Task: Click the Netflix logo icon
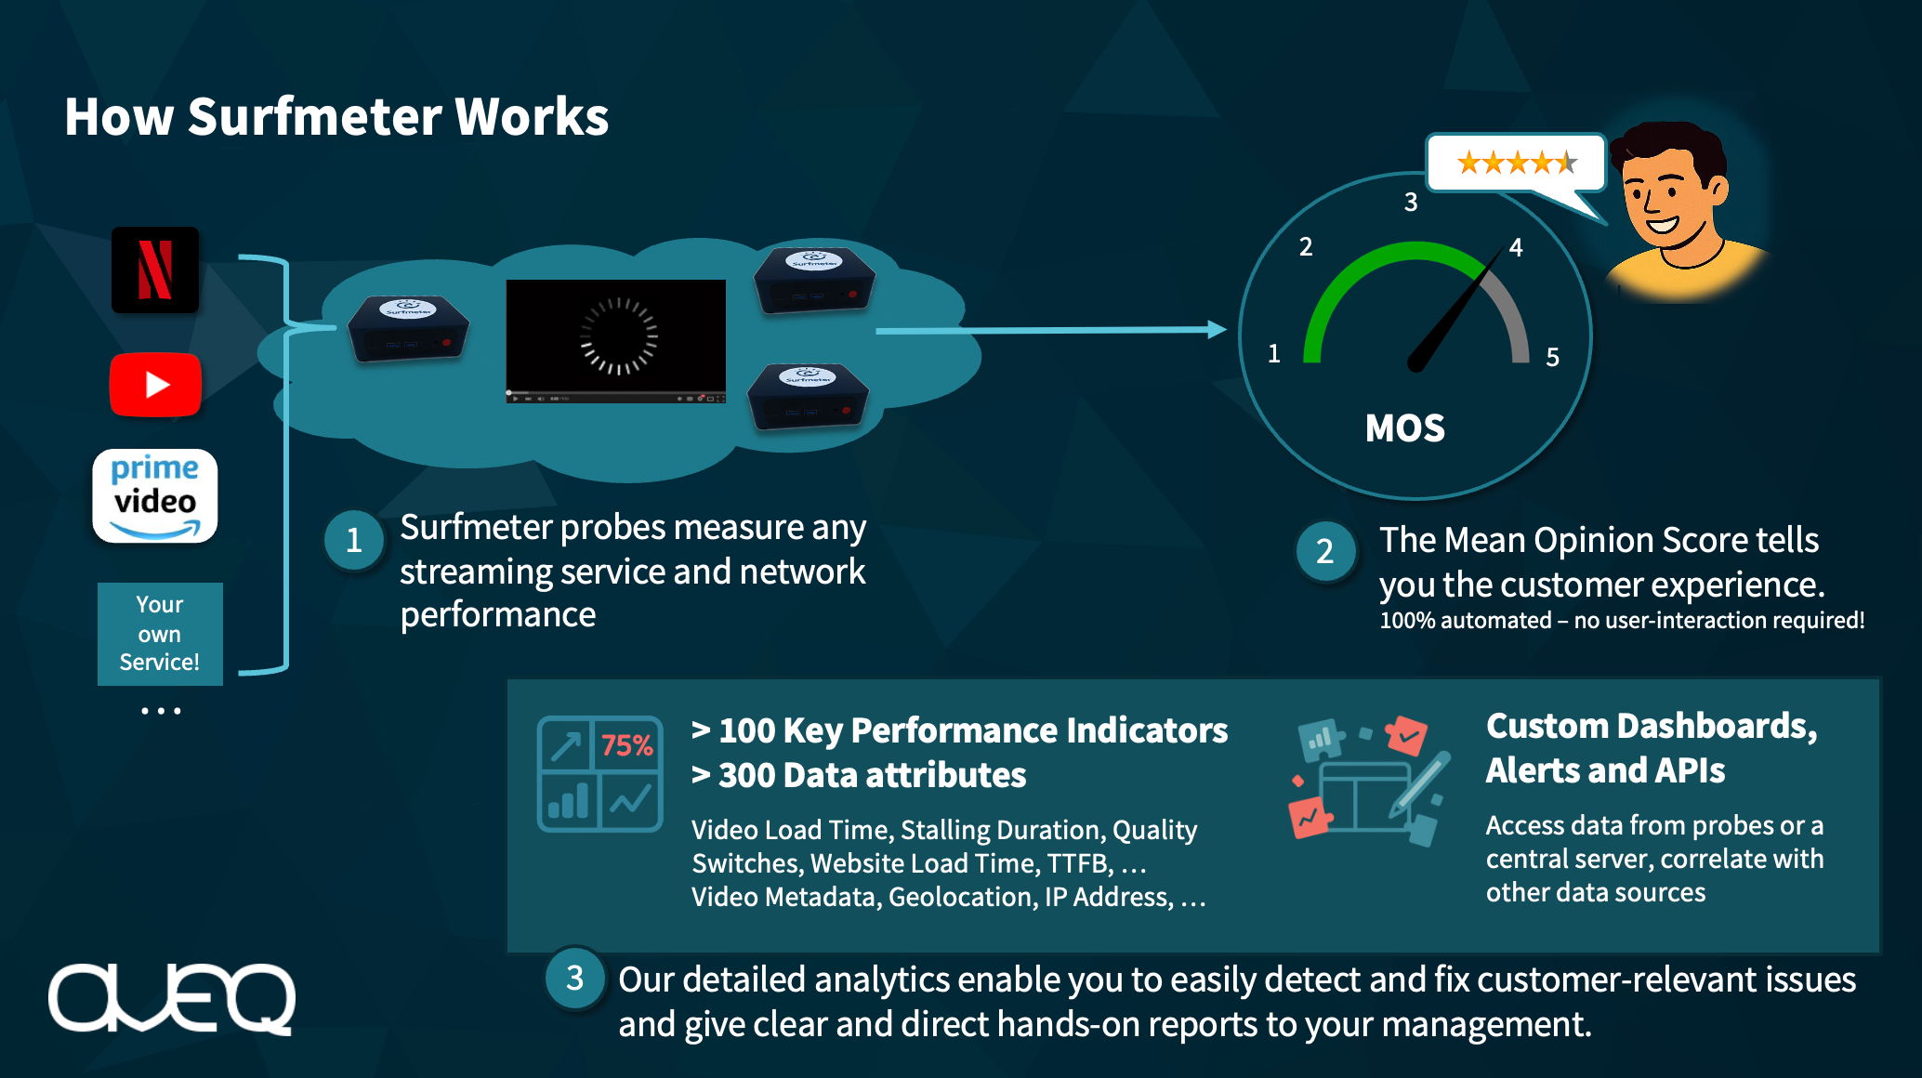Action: tap(155, 269)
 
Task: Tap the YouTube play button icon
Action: tap(155, 384)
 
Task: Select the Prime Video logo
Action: tap(155, 496)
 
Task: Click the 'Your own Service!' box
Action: tap(160, 634)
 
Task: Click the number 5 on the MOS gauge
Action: tap(1552, 358)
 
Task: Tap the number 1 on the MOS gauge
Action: tap(1274, 354)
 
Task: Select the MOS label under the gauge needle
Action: tap(1405, 428)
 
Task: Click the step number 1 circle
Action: tap(354, 540)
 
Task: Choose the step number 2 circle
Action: tap(1325, 551)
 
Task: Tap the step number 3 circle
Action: tap(575, 978)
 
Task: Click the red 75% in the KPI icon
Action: tap(626, 745)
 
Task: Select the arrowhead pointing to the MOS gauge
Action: tap(1217, 330)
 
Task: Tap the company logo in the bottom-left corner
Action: tap(172, 998)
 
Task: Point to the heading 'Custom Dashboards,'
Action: tap(1652, 727)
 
